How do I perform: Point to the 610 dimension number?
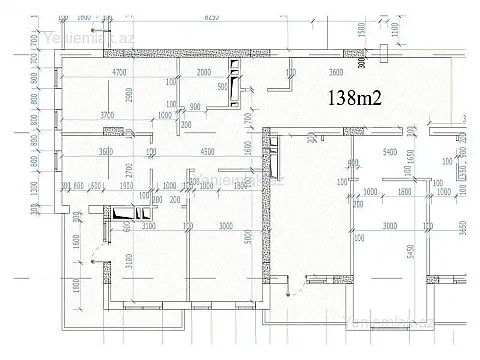tap(97, 186)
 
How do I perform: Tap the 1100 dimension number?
tap(394, 30)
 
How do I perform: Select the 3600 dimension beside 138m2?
tap(343, 73)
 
